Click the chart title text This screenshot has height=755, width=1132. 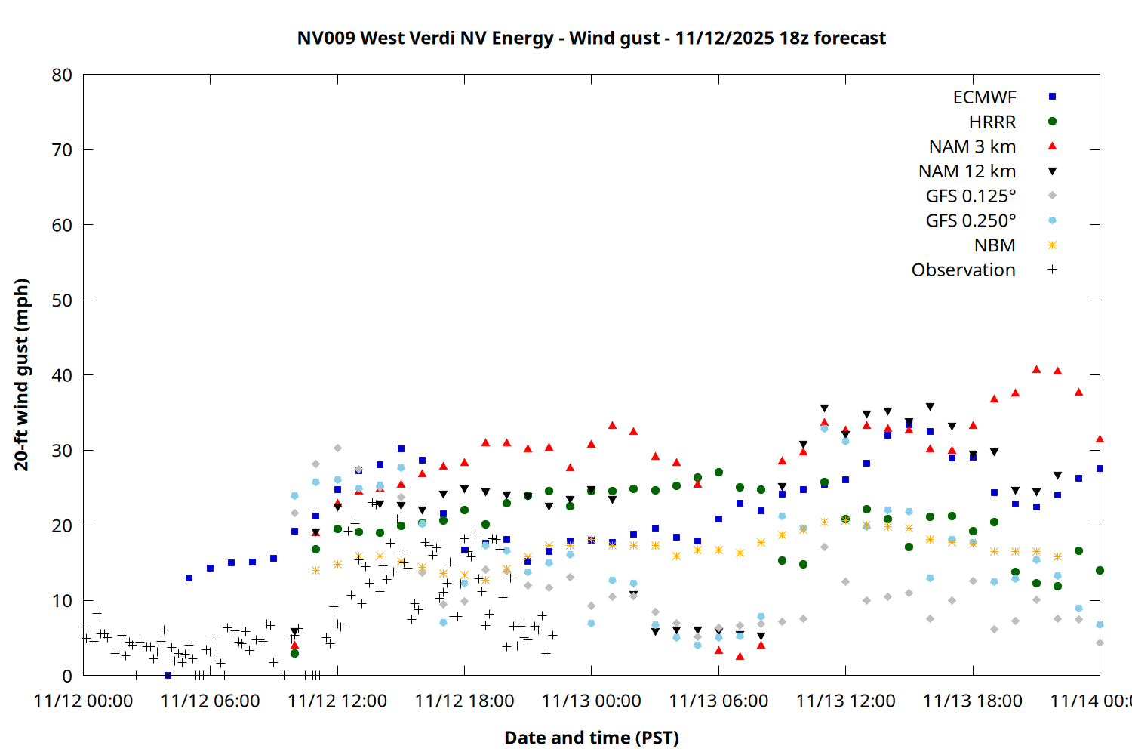click(x=591, y=38)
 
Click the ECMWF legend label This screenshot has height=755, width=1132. click(x=984, y=97)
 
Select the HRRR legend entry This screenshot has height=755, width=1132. click(x=992, y=122)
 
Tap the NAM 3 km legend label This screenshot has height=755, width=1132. click(x=972, y=146)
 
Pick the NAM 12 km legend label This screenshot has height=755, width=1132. click(x=967, y=171)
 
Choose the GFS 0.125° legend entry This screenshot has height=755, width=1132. click(x=971, y=196)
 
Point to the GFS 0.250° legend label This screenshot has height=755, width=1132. click(x=971, y=220)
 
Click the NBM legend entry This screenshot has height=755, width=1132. click(x=995, y=245)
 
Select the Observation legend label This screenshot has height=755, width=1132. click(x=963, y=270)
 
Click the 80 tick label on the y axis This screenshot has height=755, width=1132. click(x=62, y=75)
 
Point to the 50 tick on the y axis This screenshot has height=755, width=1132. click(x=62, y=300)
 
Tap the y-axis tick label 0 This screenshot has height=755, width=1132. click(x=67, y=676)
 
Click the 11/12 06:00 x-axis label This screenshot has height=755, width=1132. click(x=210, y=701)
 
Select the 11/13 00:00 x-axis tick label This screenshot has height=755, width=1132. click(x=591, y=701)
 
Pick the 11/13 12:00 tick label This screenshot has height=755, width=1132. click(x=845, y=701)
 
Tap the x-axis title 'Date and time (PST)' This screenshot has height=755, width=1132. click(x=591, y=738)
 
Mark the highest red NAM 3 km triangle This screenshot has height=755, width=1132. click(x=1036, y=369)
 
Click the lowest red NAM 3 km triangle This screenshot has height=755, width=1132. click(x=740, y=656)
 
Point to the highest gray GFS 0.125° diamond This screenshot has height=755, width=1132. click(x=337, y=448)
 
